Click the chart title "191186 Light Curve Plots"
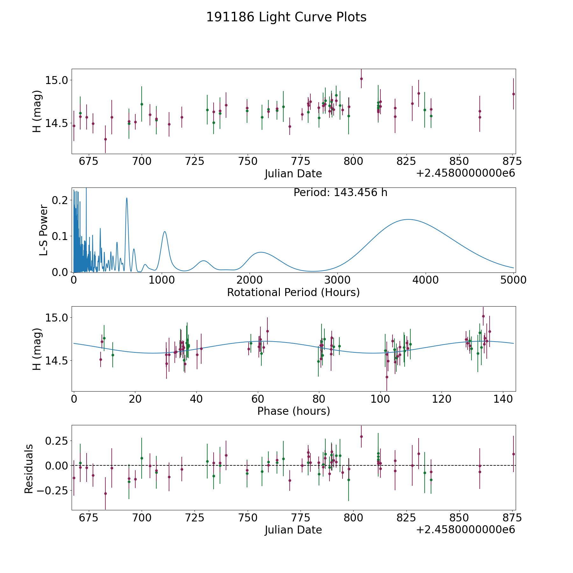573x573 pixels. point(286,17)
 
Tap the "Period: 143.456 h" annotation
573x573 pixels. point(340,193)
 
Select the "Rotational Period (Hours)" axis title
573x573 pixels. point(293,292)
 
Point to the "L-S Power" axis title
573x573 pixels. point(44,230)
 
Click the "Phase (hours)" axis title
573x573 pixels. point(294,411)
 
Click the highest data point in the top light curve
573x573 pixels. point(361,79)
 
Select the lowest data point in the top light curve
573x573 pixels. point(105,139)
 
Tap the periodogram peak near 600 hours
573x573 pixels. point(127,198)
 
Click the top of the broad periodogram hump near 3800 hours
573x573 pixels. point(408,219)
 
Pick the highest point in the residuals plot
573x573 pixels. point(361,436)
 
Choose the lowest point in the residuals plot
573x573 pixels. point(105,493)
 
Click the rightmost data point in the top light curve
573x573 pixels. point(513,94)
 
